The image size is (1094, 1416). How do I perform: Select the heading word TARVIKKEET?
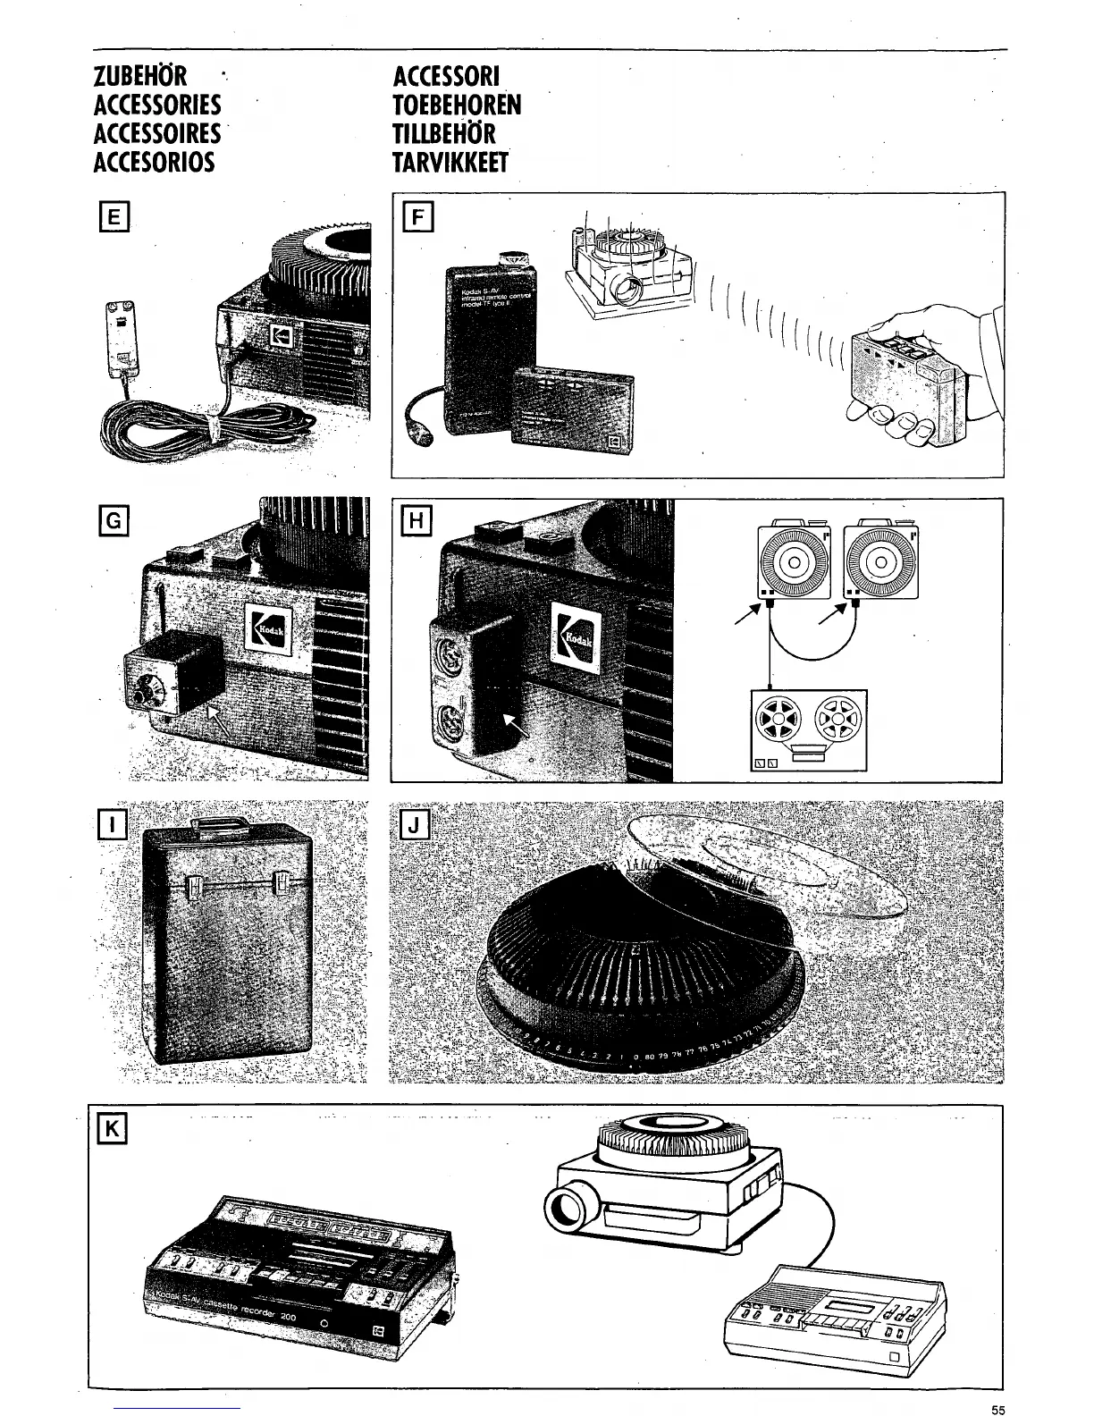click(x=450, y=163)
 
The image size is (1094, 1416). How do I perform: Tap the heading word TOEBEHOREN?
click(x=457, y=105)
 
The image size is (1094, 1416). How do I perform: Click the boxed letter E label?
click(x=116, y=216)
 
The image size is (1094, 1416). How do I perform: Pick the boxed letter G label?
click(x=116, y=520)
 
